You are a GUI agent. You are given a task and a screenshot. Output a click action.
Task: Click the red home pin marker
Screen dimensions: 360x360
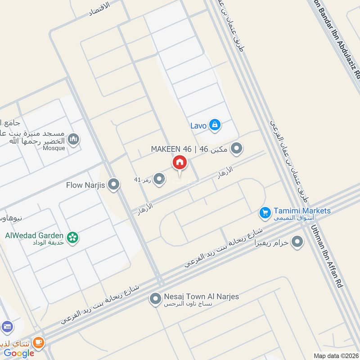point(179,163)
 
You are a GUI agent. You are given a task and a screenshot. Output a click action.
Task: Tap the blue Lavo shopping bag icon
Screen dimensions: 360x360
point(215,125)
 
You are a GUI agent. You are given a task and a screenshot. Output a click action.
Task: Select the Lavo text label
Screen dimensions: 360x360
point(198,126)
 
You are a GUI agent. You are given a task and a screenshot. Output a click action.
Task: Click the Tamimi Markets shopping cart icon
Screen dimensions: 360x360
point(265,211)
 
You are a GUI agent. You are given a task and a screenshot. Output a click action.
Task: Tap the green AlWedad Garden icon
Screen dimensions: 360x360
point(72,236)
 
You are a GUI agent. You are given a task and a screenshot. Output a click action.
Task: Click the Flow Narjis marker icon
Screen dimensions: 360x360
point(114,184)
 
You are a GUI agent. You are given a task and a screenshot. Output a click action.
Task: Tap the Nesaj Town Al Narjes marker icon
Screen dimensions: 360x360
point(155,298)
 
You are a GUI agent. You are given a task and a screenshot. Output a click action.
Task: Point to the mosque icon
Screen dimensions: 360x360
point(75,139)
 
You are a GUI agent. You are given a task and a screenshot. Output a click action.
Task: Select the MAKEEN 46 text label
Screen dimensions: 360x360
point(171,148)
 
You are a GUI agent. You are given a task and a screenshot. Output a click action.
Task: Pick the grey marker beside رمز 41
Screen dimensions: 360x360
point(158,180)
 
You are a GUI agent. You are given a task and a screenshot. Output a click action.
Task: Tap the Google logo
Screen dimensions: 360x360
point(19,353)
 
